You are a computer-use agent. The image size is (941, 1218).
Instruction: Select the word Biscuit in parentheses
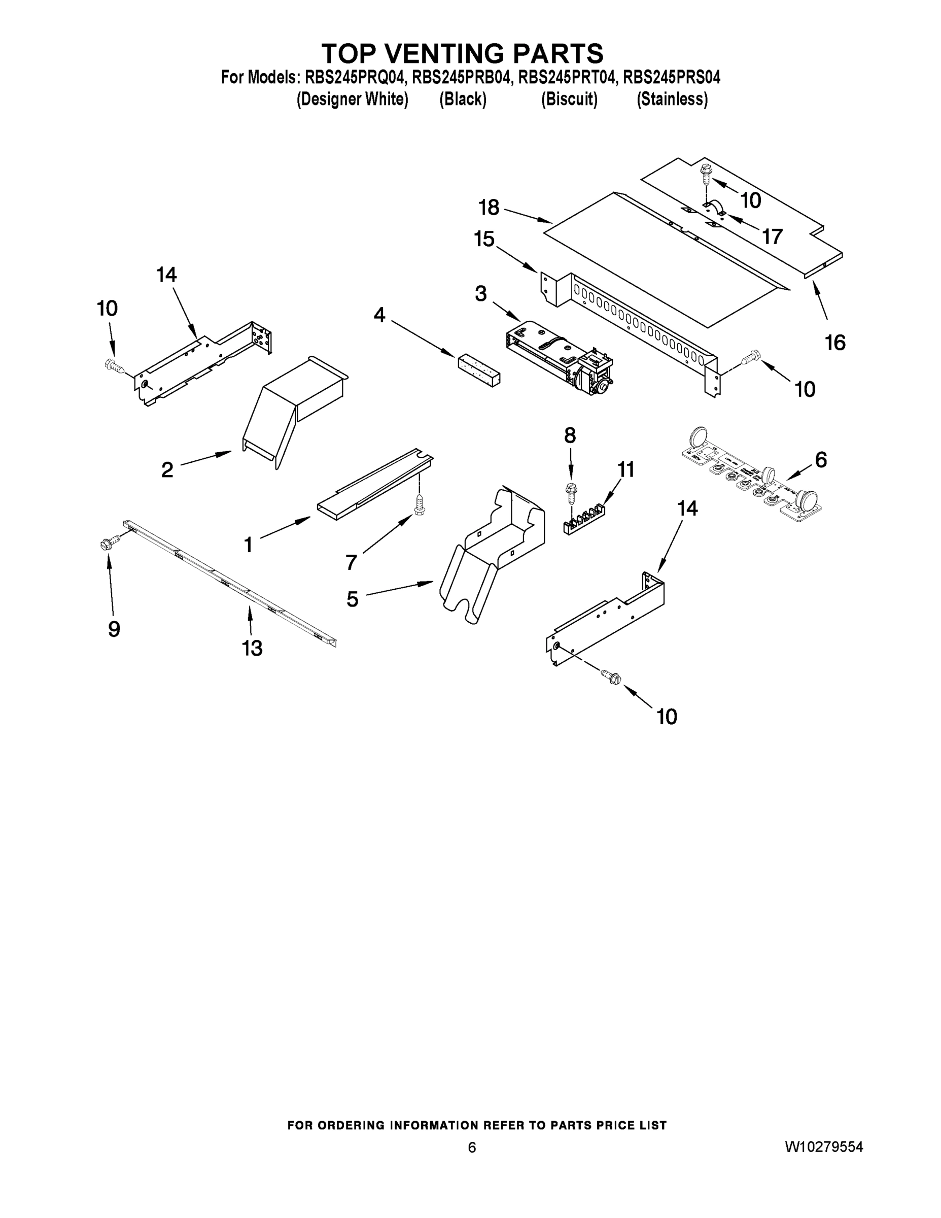point(569,99)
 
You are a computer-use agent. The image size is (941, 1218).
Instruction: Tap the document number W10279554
point(824,1147)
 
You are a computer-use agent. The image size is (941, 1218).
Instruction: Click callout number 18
point(489,208)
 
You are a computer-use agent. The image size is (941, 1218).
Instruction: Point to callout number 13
point(252,648)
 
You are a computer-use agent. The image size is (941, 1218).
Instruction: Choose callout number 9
point(114,629)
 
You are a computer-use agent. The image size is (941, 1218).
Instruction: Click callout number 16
point(835,342)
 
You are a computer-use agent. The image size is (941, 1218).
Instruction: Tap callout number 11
point(626,469)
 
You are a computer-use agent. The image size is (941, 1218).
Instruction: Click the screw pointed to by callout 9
point(109,542)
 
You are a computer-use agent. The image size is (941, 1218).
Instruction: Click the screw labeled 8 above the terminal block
point(570,491)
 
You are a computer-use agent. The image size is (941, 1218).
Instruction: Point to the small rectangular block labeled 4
point(479,369)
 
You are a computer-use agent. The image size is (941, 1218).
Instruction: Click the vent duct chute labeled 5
point(491,558)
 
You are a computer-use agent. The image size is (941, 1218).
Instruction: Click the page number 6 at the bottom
point(472,1147)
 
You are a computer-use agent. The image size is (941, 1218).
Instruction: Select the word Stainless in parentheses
point(672,99)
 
